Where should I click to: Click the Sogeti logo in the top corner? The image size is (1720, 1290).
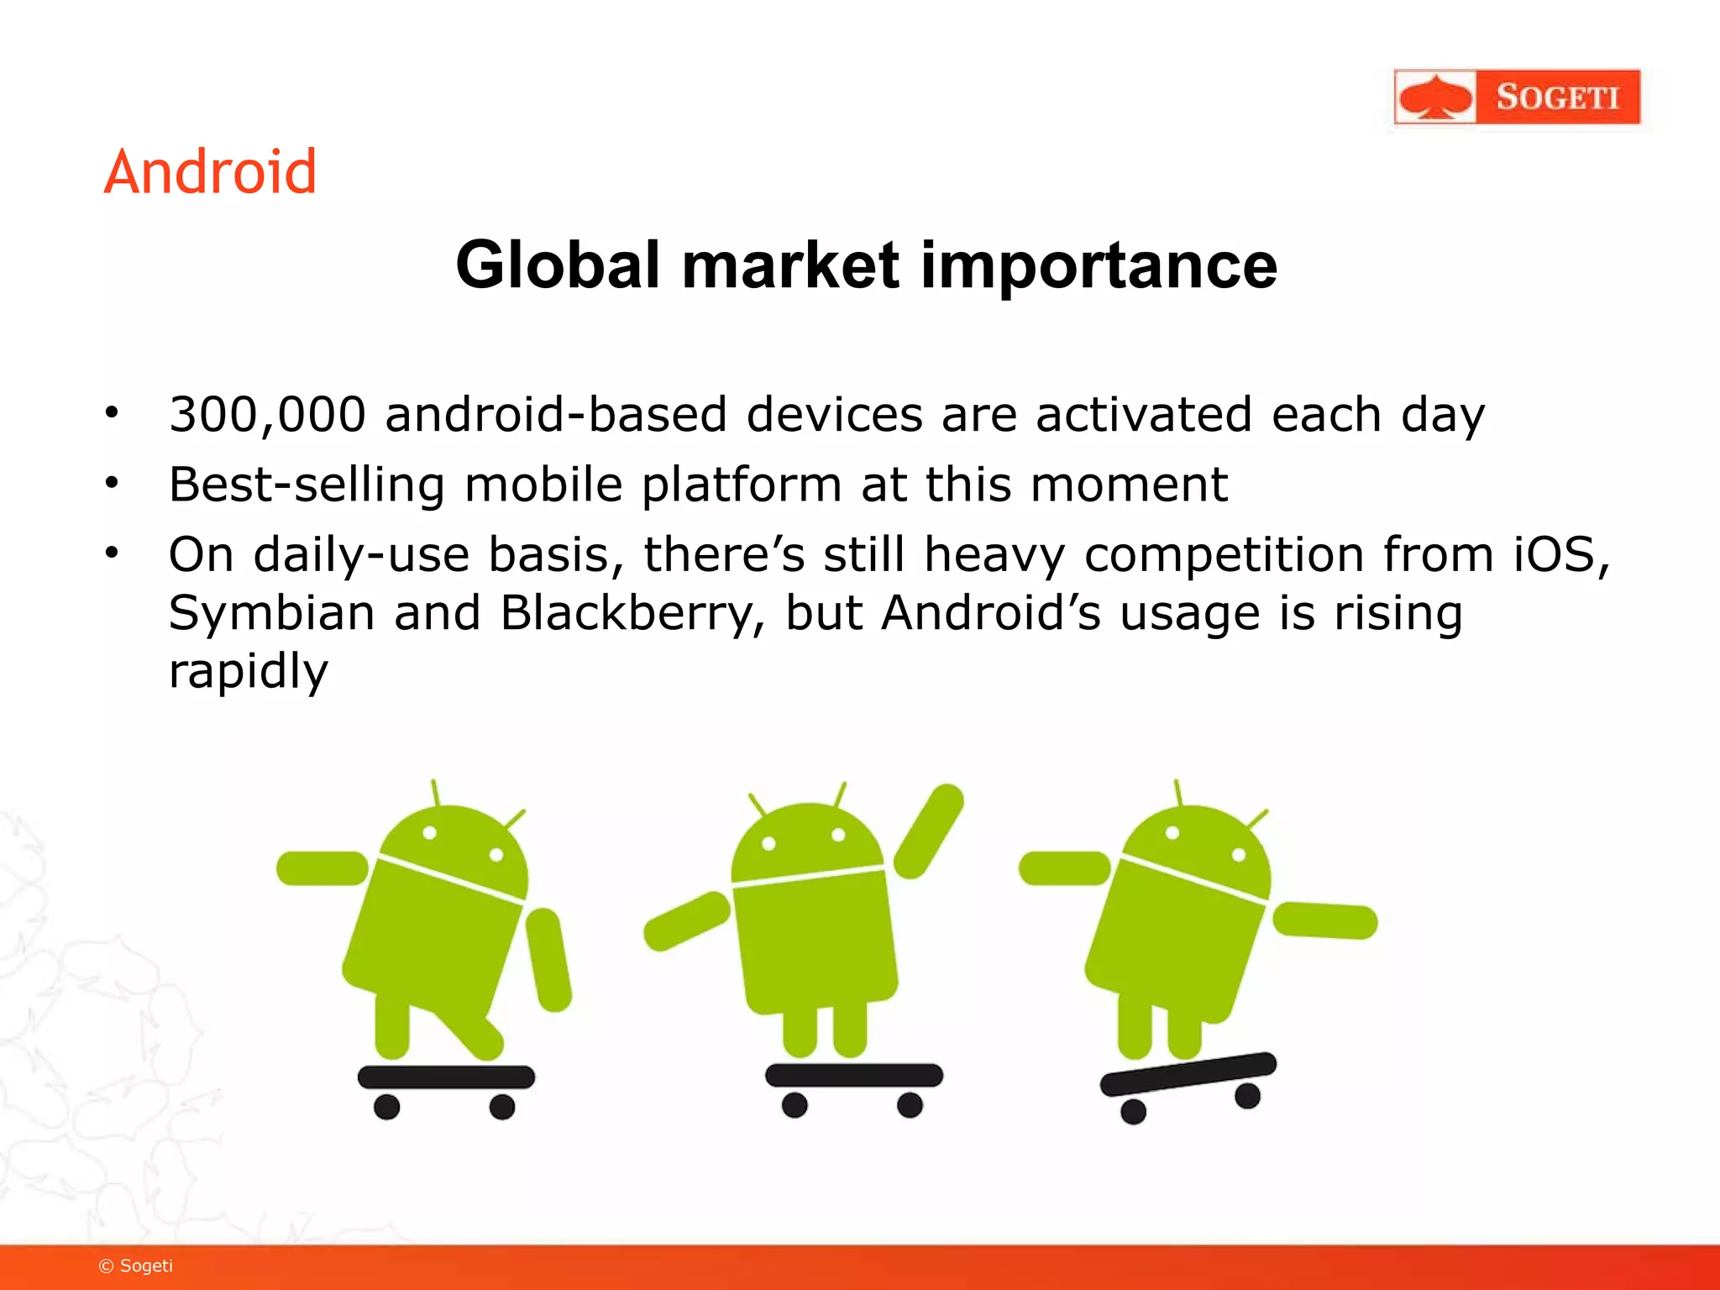[1516, 97]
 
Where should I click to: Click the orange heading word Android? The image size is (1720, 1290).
[210, 172]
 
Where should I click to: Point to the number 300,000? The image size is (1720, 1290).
[267, 415]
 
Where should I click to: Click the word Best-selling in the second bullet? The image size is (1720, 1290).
[307, 485]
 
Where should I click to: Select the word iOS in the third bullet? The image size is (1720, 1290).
[1560, 554]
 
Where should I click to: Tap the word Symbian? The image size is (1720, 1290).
[271, 613]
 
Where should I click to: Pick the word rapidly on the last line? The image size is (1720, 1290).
[248, 672]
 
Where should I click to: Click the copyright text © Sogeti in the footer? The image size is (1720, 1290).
[136, 1266]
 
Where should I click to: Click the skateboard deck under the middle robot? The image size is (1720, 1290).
[853, 1075]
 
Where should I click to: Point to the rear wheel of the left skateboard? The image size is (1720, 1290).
[386, 1106]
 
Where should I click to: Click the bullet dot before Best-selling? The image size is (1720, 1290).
[112, 484]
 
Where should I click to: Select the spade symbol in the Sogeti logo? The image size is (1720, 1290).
[1435, 97]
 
